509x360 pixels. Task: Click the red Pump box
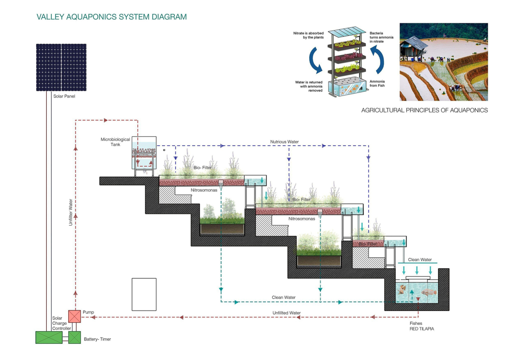pos(74,316)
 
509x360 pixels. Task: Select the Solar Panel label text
pos(64,96)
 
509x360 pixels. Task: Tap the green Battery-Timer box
pos(74,337)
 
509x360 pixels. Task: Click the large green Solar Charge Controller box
pos(49,337)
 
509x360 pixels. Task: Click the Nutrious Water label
pos(284,141)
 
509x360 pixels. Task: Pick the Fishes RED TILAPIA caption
pos(422,326)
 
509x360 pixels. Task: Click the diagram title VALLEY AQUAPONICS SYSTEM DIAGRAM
pos(112,17)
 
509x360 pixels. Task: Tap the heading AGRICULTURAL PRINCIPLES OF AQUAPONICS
pos(424,110)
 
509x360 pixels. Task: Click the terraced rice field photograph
pos(443,62)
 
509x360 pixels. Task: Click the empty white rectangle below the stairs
pos(144,294)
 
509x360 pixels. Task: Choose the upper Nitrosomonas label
pos(204,190)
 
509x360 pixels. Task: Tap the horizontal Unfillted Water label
pos(286,313)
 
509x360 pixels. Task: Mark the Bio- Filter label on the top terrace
pos(203,168)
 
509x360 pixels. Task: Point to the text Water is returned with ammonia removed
pos(309,86)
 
